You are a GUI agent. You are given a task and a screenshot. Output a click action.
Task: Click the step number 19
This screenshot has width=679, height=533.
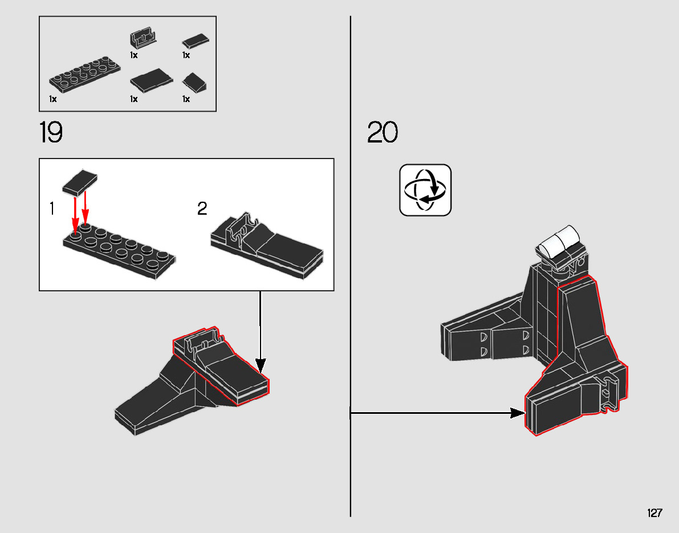(51, 133)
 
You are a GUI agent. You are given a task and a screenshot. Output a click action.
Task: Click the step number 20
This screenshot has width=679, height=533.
(383, 133)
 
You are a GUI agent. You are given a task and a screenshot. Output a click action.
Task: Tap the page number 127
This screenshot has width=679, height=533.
(654, 513)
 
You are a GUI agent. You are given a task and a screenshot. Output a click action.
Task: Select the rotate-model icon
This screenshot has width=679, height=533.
(425, 190)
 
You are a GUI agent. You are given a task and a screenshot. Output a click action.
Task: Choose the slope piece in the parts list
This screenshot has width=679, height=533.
(194, 83)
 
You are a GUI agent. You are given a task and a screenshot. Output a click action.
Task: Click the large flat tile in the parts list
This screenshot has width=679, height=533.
(152, 80)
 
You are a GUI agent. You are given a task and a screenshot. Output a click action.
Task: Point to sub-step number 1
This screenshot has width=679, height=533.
(52, 209)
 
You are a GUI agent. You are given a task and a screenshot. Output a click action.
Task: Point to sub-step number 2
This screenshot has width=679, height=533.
(202, 209)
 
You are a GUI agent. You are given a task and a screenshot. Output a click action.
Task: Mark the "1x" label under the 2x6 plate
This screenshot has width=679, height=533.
(53, 99)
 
